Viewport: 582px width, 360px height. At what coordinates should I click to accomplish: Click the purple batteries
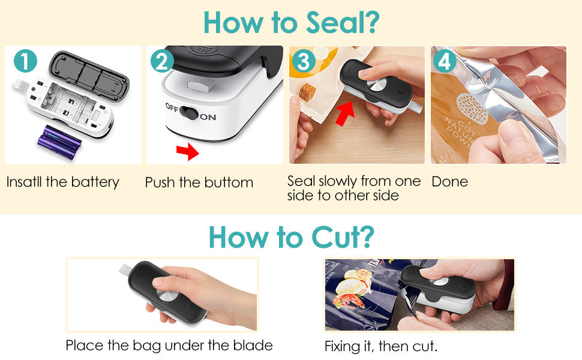pos(59,142)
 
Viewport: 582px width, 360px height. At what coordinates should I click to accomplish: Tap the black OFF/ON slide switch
pos(189,112)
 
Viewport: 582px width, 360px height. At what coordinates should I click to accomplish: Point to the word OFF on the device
pos(172,107)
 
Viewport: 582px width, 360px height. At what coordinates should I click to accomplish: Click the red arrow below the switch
pos(188,151)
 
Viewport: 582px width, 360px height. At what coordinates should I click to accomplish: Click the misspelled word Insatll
pos(24,182)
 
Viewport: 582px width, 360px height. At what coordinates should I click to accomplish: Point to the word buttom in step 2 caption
pos(229,182)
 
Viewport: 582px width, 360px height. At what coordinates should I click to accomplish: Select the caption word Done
pos(450,182)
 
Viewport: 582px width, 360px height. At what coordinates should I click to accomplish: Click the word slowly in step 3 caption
pos(335,181)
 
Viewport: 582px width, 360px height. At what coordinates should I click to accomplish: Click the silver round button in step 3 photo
pos(376,84)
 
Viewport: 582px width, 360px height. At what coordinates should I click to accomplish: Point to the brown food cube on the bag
pos(307,92)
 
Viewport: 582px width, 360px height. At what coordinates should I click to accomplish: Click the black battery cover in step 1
pos(89,73)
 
